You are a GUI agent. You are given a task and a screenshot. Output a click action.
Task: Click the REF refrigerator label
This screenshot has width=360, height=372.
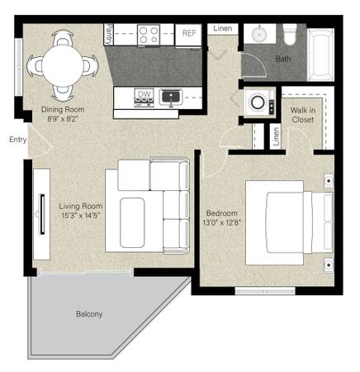189,33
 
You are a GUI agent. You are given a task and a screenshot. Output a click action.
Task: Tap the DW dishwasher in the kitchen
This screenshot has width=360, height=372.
144,98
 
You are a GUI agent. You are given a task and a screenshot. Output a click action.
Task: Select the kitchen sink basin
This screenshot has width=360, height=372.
171,97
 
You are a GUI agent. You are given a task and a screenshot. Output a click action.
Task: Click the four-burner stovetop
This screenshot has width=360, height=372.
149,35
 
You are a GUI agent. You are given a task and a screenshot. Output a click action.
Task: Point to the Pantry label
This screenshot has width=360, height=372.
109,35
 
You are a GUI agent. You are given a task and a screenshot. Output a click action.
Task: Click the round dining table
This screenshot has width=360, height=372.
63,66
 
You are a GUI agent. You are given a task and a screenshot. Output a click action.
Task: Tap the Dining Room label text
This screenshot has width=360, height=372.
63,109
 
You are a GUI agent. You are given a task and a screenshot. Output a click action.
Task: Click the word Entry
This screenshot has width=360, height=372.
18,140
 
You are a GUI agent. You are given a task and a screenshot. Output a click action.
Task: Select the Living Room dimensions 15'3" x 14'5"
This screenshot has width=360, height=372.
80,215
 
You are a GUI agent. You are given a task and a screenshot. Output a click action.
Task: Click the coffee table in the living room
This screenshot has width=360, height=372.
132,222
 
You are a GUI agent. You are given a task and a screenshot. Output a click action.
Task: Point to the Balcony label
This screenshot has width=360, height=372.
89,314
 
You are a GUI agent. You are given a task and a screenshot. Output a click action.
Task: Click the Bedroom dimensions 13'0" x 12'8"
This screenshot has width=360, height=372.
222,222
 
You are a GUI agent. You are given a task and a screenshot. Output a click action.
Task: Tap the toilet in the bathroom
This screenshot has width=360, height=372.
290,35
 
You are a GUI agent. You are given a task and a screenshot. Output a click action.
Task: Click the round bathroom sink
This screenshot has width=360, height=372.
259,35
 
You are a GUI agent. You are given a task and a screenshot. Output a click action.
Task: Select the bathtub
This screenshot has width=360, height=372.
321,55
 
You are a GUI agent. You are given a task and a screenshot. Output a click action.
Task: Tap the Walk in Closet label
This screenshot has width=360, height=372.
303,115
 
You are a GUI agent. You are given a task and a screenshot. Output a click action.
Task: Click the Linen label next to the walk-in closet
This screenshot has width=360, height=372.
276,136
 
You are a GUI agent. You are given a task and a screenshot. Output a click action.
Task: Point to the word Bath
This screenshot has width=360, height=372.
283,59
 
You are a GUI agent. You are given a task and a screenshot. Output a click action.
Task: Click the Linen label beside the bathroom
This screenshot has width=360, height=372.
222,28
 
